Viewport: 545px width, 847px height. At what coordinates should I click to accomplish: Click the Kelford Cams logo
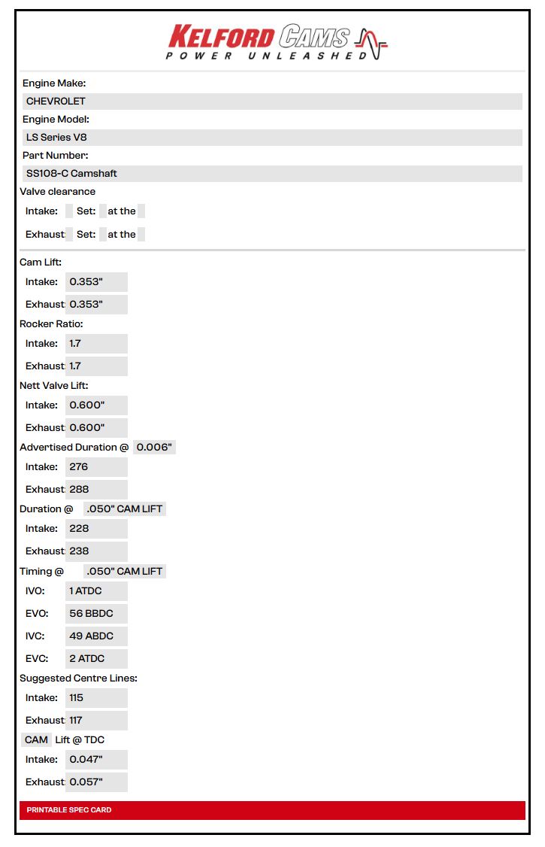pyautogui.click(x=276, y=42)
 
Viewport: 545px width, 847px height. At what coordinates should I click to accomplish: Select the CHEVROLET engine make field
pyautogui.click(x=272, y=102)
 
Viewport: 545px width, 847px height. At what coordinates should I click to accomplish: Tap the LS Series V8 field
pyautogui.click(x=272, y=138)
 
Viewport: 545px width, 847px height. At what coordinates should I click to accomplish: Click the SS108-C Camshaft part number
pyautogui.click(x=272, y=174)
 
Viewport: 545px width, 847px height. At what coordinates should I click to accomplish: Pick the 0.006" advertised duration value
pyautogui.click(x=154, y=448)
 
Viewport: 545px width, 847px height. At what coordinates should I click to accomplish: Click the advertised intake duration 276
pyautogui.click(x=96, y=467)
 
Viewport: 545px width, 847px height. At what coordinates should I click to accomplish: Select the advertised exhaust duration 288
pyautogui.click(x=96, y=490)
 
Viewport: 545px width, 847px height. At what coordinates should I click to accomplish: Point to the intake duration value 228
pyautogui.click(x=96, y=529)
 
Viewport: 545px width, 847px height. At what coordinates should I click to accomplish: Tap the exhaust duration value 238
pyautogui.click(x=96, y=551)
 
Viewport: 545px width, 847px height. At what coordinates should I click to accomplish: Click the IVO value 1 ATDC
pyautogui.click(x=96, y=591)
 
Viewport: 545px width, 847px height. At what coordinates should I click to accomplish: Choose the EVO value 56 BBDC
pyautogui.click(x=96, y=614)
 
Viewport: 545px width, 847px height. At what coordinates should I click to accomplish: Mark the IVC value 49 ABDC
pyautogui.click(x=96, y=636)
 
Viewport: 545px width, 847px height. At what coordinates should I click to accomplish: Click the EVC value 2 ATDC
pyautogui.click(x=96, y=659)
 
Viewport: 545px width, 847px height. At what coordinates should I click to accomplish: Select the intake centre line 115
pyautogui.click(x=96, y=698)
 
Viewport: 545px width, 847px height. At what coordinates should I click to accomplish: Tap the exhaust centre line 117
pyautogui.click(x=96, y=721)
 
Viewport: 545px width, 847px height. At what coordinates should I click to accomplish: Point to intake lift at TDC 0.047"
pyautogui.click(x=96, y=760)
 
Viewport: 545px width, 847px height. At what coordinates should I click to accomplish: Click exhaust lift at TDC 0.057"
pyautogui.click(x=96, y=782)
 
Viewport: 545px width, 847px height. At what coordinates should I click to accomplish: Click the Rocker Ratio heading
pyautogui.click(x=51, y=324)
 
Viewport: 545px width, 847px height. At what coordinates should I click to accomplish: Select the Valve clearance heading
pyautogui.click(x=57, y=192)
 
